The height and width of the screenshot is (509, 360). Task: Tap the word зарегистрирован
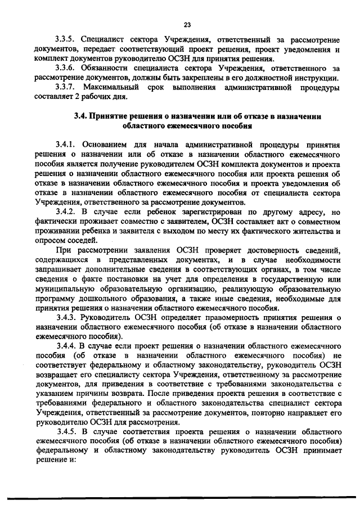188,211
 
